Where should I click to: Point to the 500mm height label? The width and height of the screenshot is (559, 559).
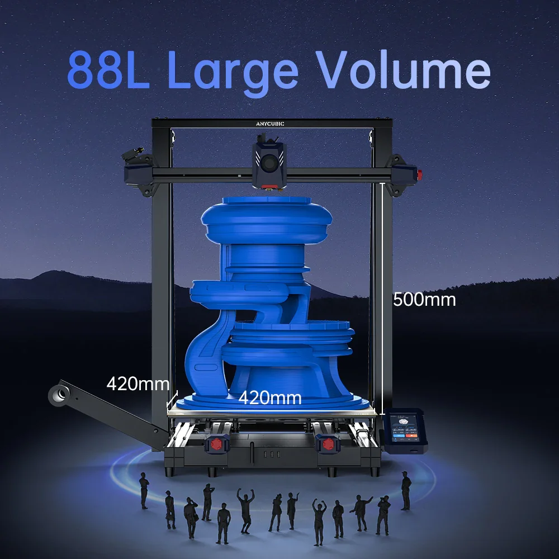[x=424, y=300]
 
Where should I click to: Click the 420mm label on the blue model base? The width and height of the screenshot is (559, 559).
[x=270, y=398]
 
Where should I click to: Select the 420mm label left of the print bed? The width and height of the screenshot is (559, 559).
[x=138, y=383]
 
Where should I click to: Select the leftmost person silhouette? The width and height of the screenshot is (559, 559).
[x=144, y=490]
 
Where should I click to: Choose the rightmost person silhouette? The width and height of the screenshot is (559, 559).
[x=406, y=490]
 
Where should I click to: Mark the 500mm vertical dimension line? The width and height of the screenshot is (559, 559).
[x=383, y=296]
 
